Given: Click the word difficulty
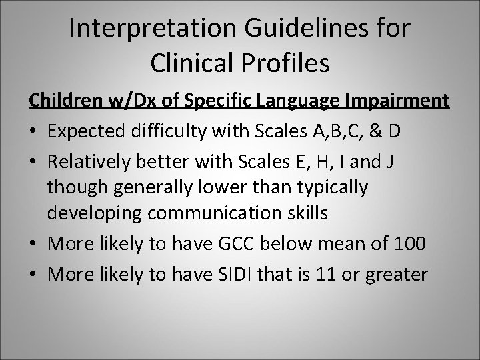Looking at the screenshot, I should click(x=163, y=129).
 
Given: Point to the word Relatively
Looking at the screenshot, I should click(x=87, y=159).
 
